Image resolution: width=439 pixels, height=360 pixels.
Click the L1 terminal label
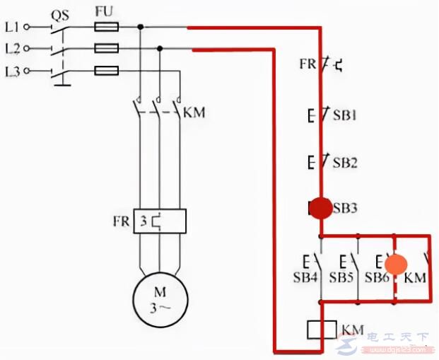[13, 27]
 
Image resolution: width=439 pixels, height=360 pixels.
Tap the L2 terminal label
[13, 49]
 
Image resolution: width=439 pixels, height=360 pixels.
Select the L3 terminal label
[13, 71]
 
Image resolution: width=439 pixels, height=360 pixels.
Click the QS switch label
[59, 13]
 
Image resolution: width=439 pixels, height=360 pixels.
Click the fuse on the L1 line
[106, 27]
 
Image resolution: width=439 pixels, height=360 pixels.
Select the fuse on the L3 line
[106, 71]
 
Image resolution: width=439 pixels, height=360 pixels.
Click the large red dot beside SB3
[321, 208]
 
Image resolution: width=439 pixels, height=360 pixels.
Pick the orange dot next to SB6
[396, 265]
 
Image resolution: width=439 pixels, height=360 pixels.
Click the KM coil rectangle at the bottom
[322, 330]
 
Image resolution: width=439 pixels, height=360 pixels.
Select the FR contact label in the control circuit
[306, 64]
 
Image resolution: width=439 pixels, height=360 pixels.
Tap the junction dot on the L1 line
[141, 27]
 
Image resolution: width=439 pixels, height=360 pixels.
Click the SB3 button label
[346, 209]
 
